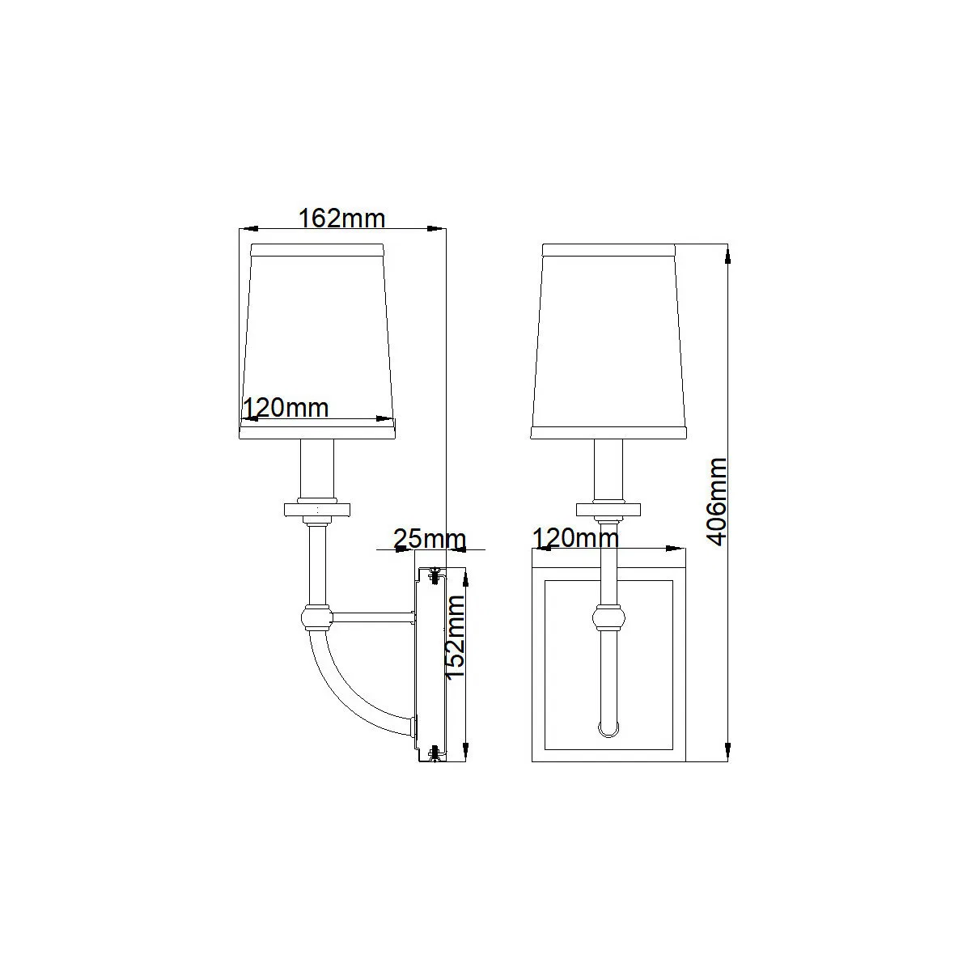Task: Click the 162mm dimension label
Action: coord(341,218)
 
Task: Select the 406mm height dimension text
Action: coord(716,502)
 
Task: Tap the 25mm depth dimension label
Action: coord(430,539)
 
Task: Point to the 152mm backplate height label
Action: coord(456,638)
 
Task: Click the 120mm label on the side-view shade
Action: coord(286,408)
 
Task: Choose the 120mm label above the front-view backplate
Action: coord(575,537)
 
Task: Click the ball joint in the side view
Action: coord(317,617)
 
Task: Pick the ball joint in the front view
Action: coord(608,617)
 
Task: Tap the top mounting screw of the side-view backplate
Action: coord(435,575)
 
